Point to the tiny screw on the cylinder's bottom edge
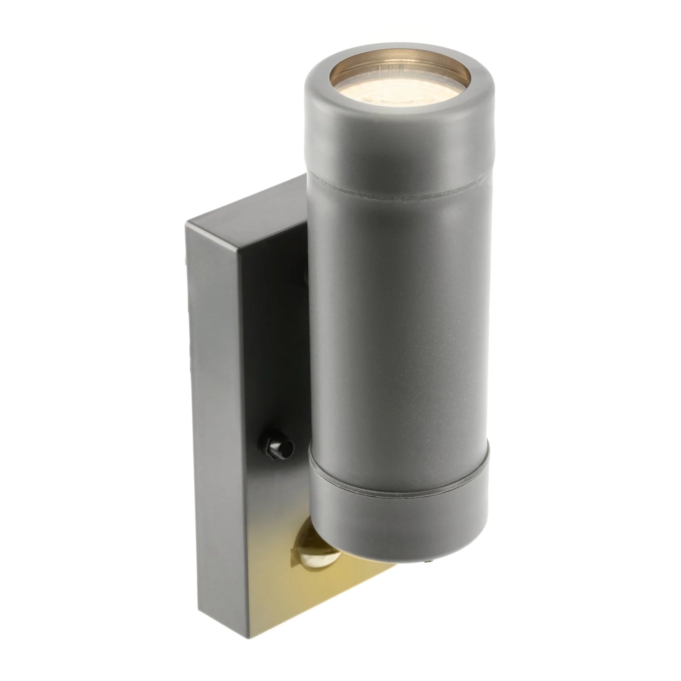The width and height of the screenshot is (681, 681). pyautogui.click(x=427, y=589)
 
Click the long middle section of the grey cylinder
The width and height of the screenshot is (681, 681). pyautogui.click(x=398, y=335)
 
